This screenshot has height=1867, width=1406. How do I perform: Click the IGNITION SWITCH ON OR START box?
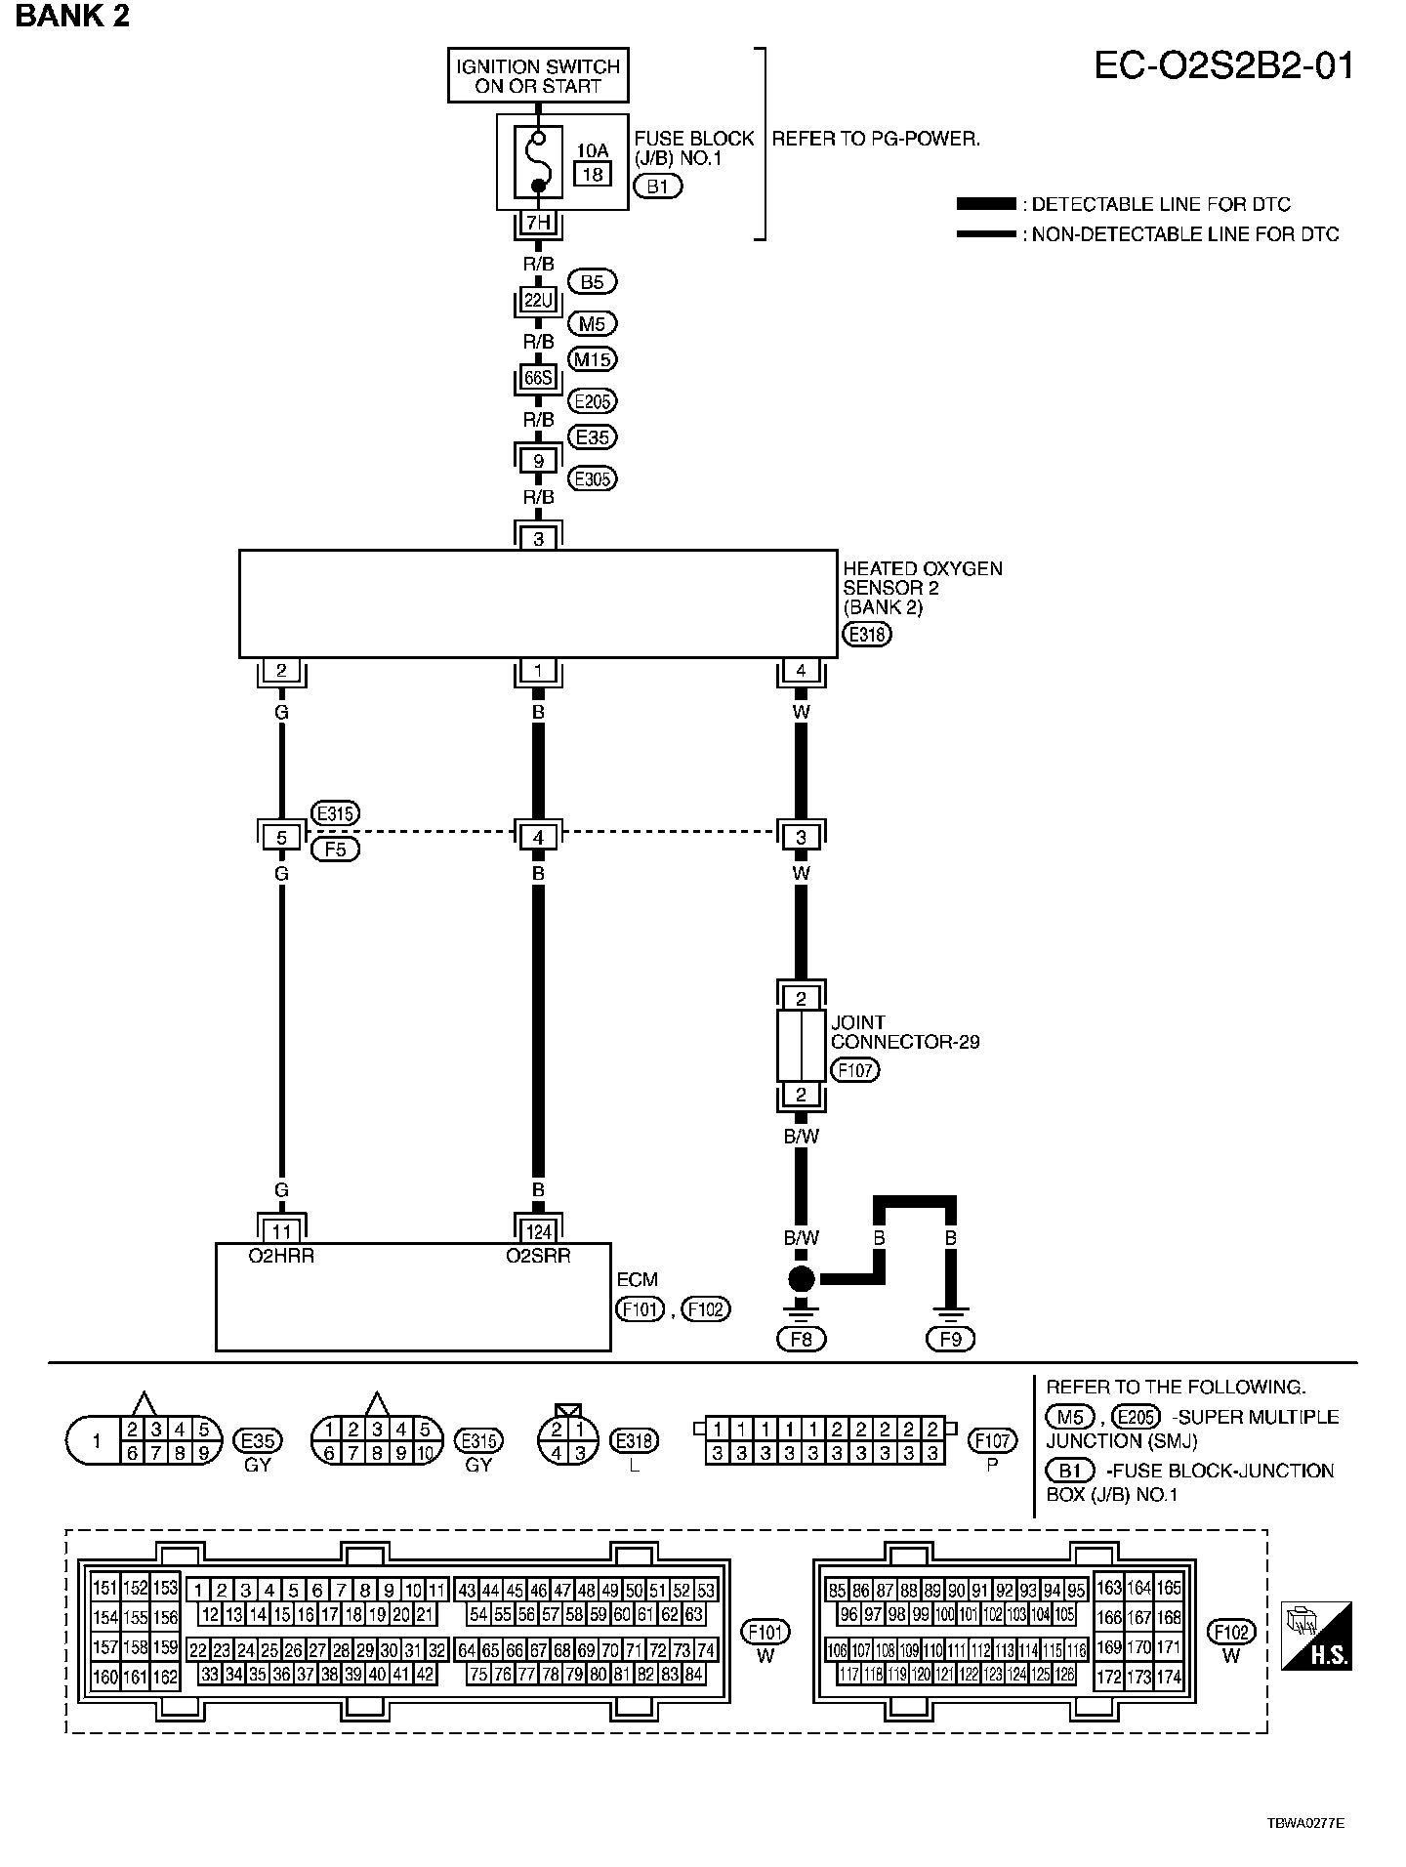pyautogui.click(x=538, y=76)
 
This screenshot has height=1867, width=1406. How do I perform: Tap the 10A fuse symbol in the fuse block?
pyautogui.click(x=537, y=162)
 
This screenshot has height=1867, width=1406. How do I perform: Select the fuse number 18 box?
pyautogui.click(x=592, y=175)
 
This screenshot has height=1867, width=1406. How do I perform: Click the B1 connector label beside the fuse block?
pyautogui.click(x=657, y=186)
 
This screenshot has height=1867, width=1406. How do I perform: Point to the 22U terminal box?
pyautogui.click(x=538, y=301)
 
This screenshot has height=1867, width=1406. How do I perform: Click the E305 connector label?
pyautogui.click(x=594, y=478)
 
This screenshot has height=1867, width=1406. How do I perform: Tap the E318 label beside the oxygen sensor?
pyautogui.click(x=867, y=635)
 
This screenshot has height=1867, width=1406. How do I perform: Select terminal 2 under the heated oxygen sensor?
pyautogui.click(x=282, y=671)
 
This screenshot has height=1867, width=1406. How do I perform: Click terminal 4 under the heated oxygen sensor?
pyautogui.click(x=801, y=671)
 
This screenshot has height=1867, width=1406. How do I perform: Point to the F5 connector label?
pyautogui.click(x=335, y=849)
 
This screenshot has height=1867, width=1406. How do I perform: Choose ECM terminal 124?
pyautogui.click(x=538, y=1231)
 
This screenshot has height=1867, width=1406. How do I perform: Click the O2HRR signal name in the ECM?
pyautogui.click(x=281, y=1257)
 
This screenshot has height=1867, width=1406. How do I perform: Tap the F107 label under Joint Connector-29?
pyautogui.click(x=854, y=1070)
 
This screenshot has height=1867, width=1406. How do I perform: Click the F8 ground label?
pyautogui.click(x=801, y=1339)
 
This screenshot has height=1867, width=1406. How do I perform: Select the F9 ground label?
pyautogui.click(x=950, y=1339)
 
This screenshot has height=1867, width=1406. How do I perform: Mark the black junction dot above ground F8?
pyautogui.click(x=801, y=1278)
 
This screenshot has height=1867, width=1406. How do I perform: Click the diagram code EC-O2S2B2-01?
pyautogui.click(x=1223, y=66)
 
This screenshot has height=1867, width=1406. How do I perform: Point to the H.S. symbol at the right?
pyautogui.click(x=1317, y=1635)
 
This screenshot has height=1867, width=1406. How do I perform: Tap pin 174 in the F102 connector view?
pyautogui.click(x=1168, y=1678)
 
